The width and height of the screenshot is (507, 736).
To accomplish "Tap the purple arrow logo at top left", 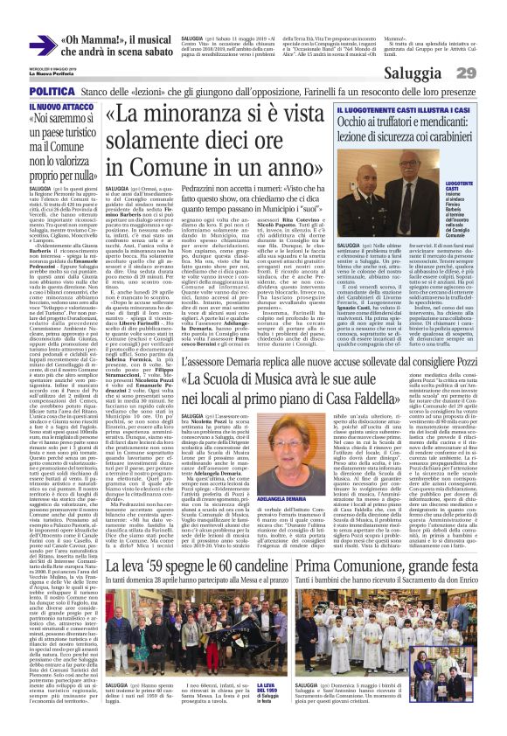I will tap(42, 45).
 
